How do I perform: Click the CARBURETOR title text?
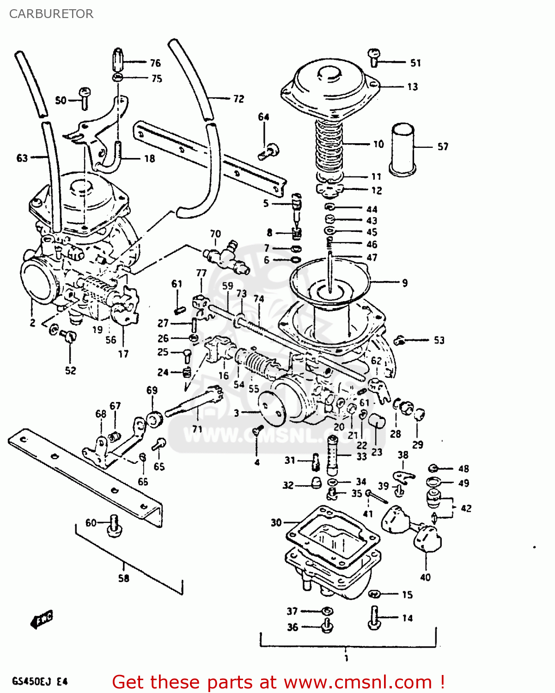click(51, 14)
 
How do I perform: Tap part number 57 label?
click(443, 147)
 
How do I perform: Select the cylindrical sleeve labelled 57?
click(403, 149)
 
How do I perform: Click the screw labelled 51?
click(374, 58)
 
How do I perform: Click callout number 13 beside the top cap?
click(412, 87)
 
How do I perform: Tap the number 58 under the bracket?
click(123, 578)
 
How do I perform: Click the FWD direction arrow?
click(42, 619)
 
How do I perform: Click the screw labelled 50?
click(84, 98)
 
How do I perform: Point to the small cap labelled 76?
click(118, 60)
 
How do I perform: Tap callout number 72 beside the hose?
click(238, 99)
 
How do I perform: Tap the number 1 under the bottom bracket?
click(346, 658)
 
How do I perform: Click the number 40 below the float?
click(425, 577)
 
